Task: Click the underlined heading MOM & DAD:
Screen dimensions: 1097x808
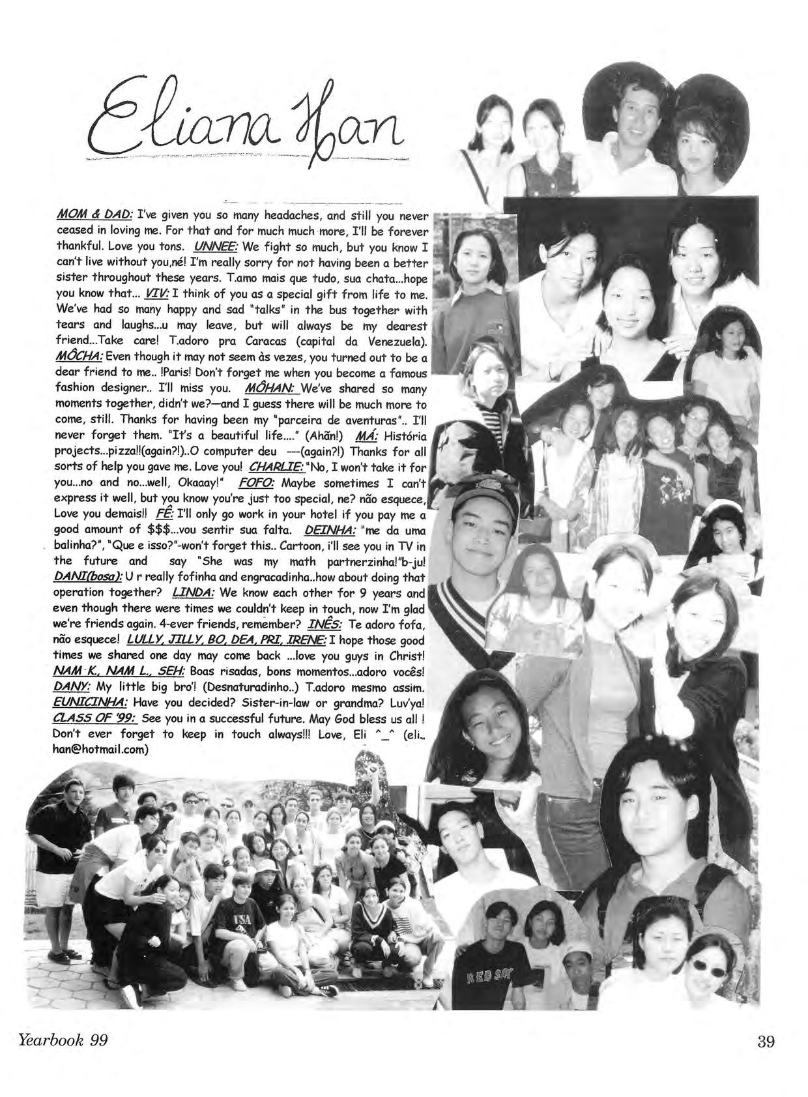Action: tap(95, 215)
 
